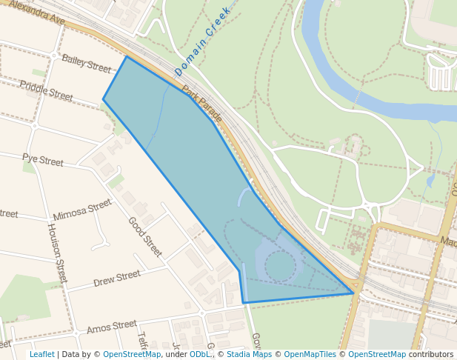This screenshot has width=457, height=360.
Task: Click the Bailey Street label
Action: pos(86,63)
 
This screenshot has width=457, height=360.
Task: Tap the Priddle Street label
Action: pos(46,91)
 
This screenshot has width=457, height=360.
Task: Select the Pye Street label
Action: pos(43,159)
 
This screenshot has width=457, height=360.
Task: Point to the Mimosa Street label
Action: pos(82,210)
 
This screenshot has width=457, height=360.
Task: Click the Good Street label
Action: pos(144,236)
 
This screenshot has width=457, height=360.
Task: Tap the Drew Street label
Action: pos(117,279)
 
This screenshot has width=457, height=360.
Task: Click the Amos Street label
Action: pos(112,326)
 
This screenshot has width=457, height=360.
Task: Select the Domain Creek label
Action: pos(203,42)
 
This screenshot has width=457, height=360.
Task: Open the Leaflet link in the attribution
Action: pos(41,354)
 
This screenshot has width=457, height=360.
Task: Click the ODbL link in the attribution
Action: pos(200,354)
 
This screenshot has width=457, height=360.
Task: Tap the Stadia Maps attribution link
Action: pos(248,354)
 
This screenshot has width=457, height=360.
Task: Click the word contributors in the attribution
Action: pos(431,354)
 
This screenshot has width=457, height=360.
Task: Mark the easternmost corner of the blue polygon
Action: pos(353,293)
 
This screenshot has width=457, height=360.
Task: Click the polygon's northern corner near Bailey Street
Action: pos(127,56)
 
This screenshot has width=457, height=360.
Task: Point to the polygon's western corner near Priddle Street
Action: pos(103,99)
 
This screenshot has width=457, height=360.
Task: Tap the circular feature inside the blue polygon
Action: pos(279,266)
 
